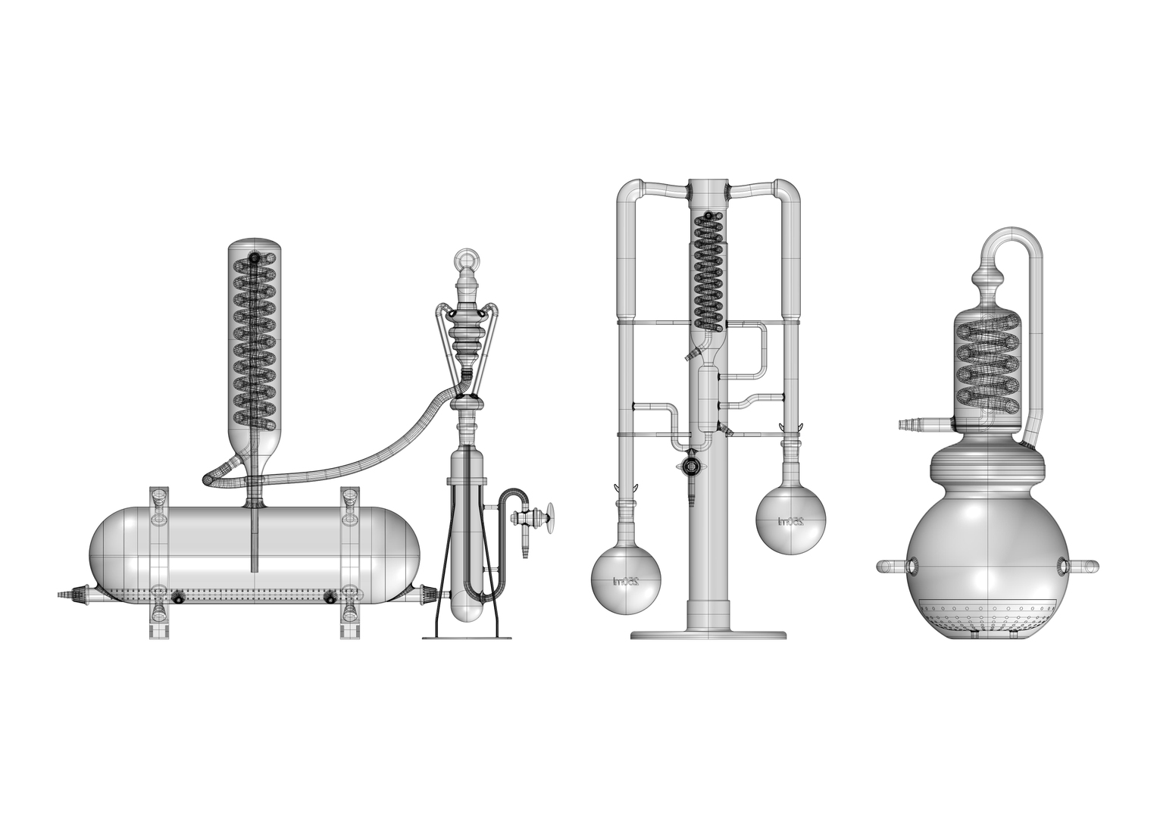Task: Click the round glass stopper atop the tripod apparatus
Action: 464,261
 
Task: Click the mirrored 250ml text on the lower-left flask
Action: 625,582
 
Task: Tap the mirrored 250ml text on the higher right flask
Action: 790,521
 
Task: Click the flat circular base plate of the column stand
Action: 708,635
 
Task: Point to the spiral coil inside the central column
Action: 708,273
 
